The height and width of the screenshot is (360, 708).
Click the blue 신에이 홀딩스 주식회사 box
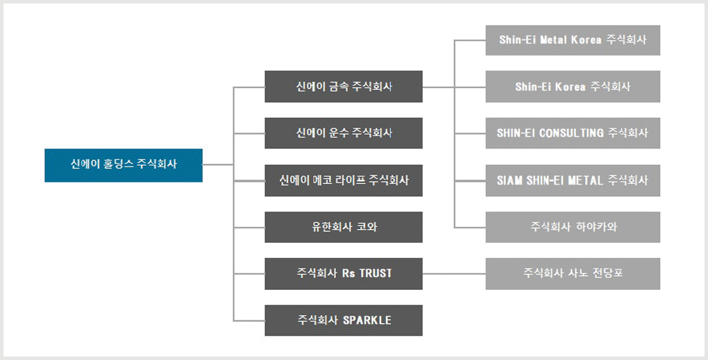tap(124, 165)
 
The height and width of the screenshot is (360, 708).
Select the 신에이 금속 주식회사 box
tap(344, 87)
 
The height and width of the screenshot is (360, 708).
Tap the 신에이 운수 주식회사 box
tap(344, 133)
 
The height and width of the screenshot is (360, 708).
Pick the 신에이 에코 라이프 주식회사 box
tap(344, 180)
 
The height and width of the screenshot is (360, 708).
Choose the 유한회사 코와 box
tap(344, 227)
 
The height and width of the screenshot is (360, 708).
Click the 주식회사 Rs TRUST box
tap(344, 274)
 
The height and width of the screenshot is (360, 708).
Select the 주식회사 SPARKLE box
tap(344, 320)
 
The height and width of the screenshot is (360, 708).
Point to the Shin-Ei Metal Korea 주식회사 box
tap(573, 40)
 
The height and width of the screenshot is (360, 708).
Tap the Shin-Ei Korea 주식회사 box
tap(573, 87)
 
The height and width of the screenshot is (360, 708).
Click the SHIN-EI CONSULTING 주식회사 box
tap(573, 133)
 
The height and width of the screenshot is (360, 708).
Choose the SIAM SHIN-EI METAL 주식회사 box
tap(573, 180)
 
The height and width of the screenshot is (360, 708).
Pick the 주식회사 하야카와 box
tap(573, 227)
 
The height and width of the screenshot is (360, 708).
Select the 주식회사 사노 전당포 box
tap(573, 274)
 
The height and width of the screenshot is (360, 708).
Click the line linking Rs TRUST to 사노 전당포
tap(454, 274)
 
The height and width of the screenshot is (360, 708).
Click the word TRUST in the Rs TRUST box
tap(376, 273)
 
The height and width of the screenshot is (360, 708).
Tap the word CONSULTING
tap(571, 133)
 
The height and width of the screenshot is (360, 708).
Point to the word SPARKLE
tap(367, 320)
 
